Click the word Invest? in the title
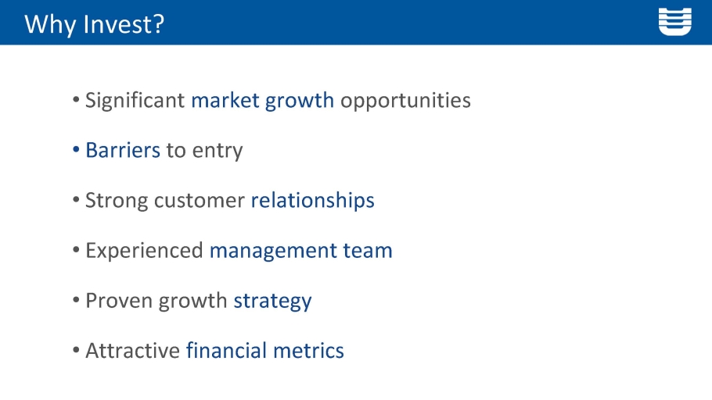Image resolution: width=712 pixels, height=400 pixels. (x=124, y=24)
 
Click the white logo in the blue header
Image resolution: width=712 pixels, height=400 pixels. (x=674, y=21)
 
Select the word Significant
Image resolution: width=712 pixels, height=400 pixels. (x=135, y=101)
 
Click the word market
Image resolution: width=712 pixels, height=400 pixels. (x=225, y=100)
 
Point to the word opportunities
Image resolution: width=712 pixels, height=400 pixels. (x=405, y=101)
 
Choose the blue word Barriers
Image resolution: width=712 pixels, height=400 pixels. (x=123, y=150)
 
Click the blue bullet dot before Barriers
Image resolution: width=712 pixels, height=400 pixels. (x=76, y=149)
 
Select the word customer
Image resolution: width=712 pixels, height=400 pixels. (x=200, y=201)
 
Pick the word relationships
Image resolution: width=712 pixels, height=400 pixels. (x=312, y=201)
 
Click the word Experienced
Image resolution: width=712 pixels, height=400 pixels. (x=144, y=251)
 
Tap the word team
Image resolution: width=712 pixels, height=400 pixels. (x=368, y=251)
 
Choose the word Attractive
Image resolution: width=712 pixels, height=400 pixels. (x=132, y=351)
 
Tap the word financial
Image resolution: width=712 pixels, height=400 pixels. (x=227, y=351)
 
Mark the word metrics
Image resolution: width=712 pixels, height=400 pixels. (x=308, y=351)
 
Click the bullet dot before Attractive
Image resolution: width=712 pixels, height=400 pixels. (x=76, y=350)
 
